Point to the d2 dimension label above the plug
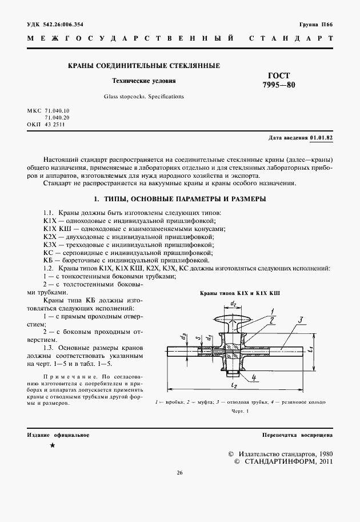point(233,303)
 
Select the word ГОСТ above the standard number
point(279,75)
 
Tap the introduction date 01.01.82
point(321,138)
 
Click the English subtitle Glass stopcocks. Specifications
point(143,97)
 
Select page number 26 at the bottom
point(179,472)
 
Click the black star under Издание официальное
point(53,445)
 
